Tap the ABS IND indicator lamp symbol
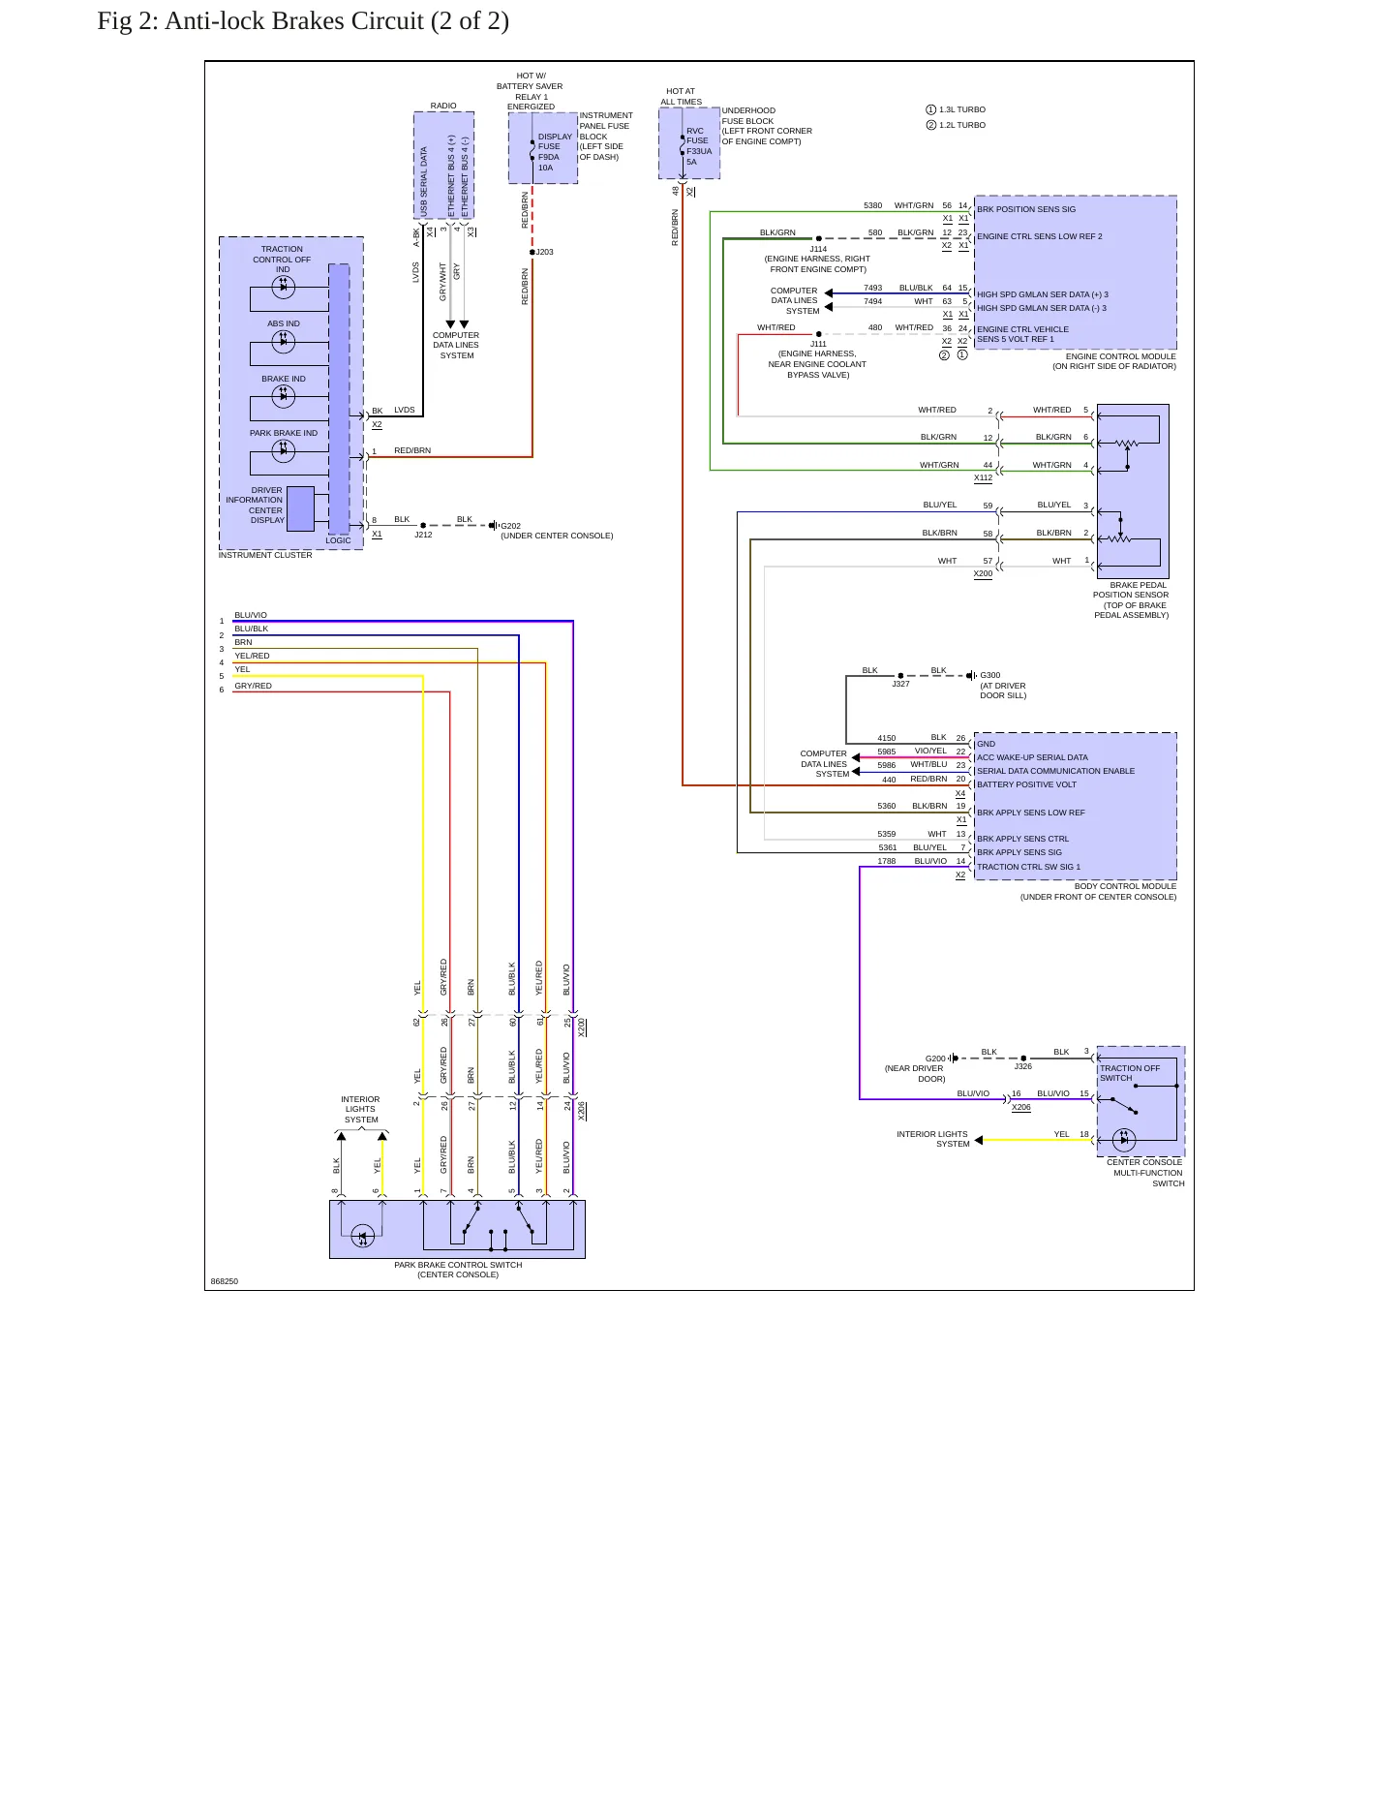(284, 341)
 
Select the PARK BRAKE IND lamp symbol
(284, 450)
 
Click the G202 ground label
(510, 526)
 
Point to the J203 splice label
(545, 252)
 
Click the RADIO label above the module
(443, 106)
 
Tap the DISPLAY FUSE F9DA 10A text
(554, 152)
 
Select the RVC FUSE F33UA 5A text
(698, 146)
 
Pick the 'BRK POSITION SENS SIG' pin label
(1026, 209)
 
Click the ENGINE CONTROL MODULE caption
(1121, 356)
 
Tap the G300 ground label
(989, 675)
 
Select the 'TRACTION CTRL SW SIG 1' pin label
(1028, 867)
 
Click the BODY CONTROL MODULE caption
(1126, 886)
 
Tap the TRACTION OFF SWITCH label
(1130, 1073)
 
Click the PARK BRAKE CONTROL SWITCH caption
(458, 1265)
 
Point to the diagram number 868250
(224, 1281)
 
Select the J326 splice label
(1023, 1066)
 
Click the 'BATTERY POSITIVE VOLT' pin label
(1026, 784)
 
